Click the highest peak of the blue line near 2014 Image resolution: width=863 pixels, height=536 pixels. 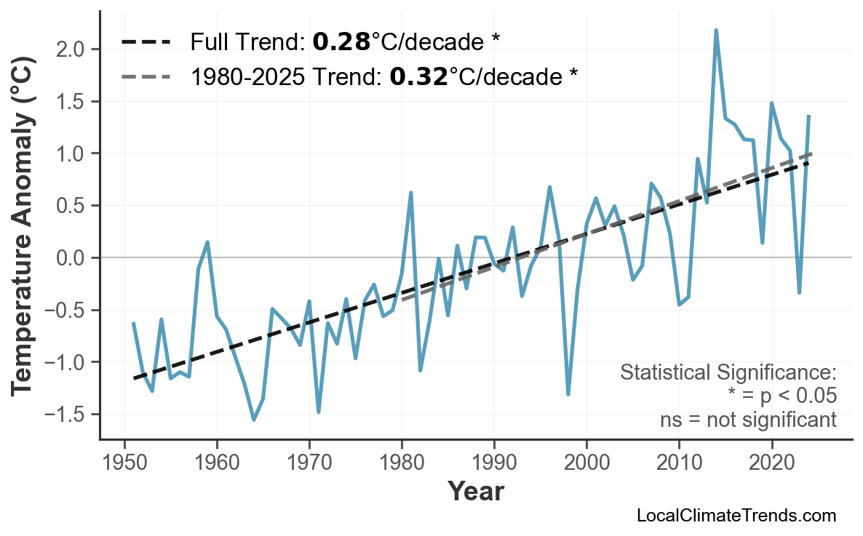[716, 31]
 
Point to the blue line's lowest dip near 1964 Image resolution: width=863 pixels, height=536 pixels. [254, 419]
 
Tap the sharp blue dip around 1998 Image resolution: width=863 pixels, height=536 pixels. [568, 394]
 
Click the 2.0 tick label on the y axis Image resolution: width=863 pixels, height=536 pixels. [71, 49]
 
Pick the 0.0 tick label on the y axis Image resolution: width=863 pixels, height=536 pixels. [71, 258]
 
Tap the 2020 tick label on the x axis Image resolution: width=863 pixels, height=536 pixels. [771, 463]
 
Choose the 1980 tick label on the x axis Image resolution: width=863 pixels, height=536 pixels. [402, 463]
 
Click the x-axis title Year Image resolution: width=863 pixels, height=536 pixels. [475, 492]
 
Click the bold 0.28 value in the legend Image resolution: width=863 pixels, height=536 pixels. [341, 43]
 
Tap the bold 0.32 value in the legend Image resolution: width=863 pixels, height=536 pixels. [418, 76]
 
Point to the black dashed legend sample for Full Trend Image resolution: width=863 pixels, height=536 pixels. [146, 43]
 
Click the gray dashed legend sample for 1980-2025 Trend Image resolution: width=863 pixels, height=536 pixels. [146, 76]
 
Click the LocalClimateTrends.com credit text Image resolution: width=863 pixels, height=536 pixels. [736, 516]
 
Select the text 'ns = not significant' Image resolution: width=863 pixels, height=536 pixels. [748, 420]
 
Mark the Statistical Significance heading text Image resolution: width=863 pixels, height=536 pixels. [728, 372]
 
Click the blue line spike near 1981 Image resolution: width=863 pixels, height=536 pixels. [411, 193]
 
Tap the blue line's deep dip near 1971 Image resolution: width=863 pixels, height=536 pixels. [319, 412]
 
